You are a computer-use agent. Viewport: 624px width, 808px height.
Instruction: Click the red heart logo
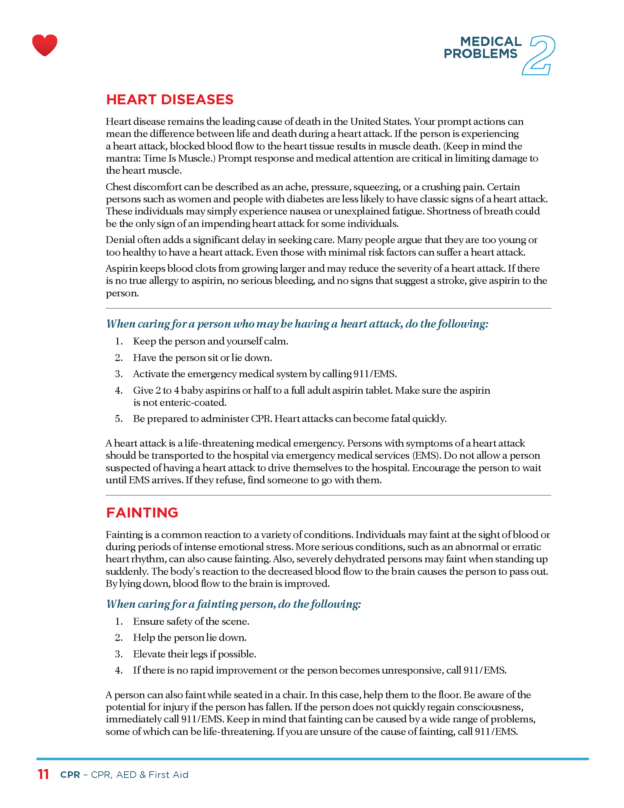point(45,45)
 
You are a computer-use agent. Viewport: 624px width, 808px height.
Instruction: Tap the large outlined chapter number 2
point(538,55)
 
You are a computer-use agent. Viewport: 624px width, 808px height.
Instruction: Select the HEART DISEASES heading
point(170,100)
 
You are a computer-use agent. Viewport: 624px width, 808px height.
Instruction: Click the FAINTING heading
point(142,512)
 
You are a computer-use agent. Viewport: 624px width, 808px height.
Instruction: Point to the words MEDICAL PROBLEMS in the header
point(482,47)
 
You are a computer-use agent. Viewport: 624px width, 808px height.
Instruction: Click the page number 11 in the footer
point(43,774)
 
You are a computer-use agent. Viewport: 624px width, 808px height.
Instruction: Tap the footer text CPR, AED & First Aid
point(139,775)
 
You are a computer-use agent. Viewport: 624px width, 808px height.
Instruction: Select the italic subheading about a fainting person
point(233,604)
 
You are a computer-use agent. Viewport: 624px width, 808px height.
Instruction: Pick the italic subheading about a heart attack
point(297,324)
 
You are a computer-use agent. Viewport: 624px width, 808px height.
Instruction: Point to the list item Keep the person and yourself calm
point(210,341)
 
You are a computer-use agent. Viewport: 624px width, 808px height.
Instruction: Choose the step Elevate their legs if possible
point(195,654)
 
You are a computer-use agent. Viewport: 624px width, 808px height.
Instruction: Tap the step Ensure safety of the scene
point(191,621)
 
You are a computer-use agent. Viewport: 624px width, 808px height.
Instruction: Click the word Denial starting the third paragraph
point(120,240)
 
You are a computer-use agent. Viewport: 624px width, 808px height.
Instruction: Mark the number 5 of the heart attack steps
point(118,419)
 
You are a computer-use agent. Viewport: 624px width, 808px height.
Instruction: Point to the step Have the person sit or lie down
point(202,358)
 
